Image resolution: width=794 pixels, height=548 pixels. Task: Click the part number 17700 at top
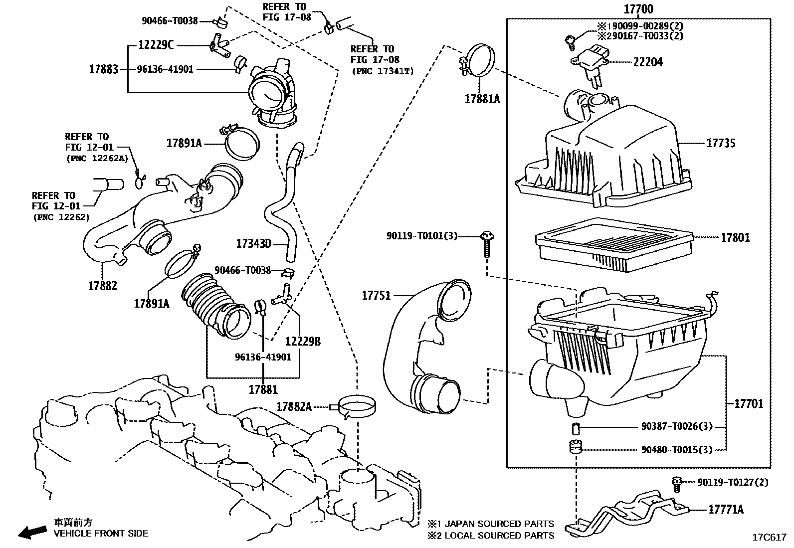click(638, 9)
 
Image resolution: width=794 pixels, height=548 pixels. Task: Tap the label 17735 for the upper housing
click(721, 144)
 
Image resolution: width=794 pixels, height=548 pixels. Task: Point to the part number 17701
click(749, 403)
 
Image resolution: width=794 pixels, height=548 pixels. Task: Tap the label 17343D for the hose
click(253, 244)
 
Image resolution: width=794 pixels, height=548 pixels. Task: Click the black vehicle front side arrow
click(31, 532)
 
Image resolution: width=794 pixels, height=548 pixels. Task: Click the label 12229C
click(156, 45)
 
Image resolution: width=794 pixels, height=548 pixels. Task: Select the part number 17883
click(103, 69)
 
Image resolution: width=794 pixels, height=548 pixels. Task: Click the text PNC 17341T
click(383, 71)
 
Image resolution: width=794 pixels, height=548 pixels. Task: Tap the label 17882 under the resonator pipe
click(103, 286)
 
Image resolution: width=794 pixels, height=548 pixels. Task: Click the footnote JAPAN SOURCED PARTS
click(499, 524)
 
